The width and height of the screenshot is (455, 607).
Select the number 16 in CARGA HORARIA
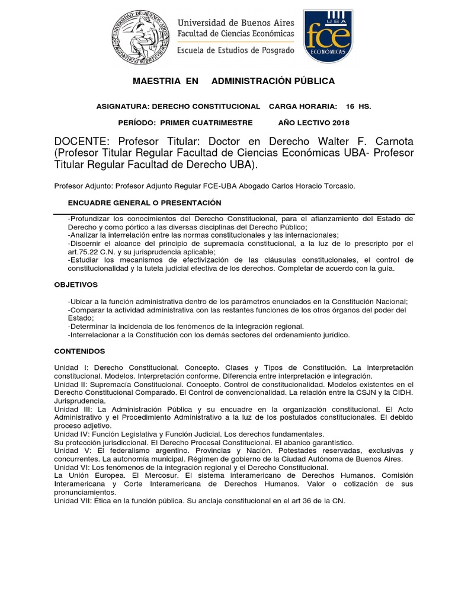click(x=350, y=106)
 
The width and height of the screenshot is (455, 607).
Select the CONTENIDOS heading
click(x=79, y=351)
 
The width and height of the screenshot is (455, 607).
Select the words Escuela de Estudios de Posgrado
click(x=236, y=50)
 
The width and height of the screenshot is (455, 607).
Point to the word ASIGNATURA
click(x=121, y=106)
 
